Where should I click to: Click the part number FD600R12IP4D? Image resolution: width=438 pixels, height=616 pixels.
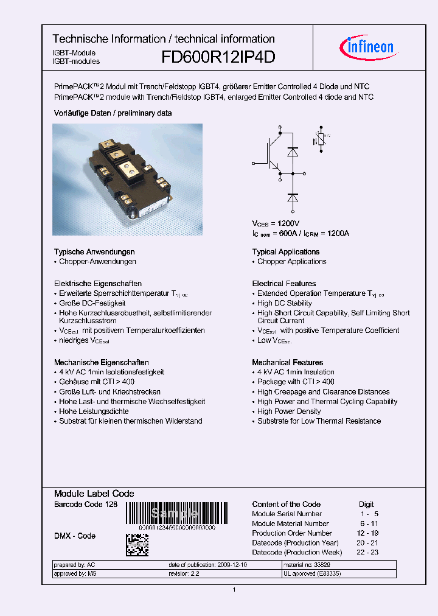218,57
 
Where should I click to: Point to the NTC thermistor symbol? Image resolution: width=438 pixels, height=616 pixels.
320,141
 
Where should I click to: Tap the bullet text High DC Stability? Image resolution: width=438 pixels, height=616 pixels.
284,303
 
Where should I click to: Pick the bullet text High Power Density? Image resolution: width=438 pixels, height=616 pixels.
289,411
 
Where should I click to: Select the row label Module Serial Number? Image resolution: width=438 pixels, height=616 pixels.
287,514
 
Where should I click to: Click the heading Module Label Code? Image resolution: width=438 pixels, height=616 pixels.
94,494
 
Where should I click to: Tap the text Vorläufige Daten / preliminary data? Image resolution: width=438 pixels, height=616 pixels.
113,113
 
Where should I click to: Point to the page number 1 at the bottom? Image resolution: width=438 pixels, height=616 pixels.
234,590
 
